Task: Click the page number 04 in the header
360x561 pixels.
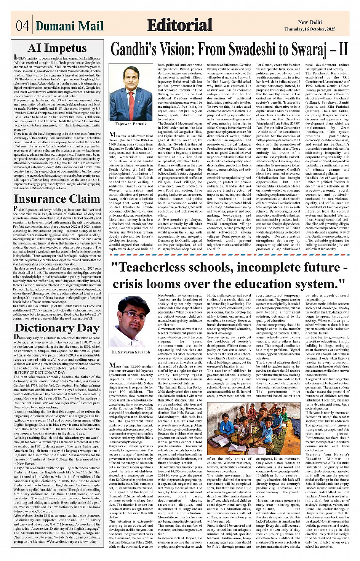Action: click(x=22, y=26)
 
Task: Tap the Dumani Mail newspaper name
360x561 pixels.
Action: click(x=69, y=26)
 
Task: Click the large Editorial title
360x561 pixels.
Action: click(x=179, y=25)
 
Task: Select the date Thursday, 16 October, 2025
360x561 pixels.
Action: click(x=310, y=29)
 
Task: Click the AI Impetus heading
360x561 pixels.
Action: click(x=57, y=48)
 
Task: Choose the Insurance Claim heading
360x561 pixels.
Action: click(x=57, y=199)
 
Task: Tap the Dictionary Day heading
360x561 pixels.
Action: click(x=57, y=328)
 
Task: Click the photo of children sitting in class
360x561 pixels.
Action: click(x=248, y=428)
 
